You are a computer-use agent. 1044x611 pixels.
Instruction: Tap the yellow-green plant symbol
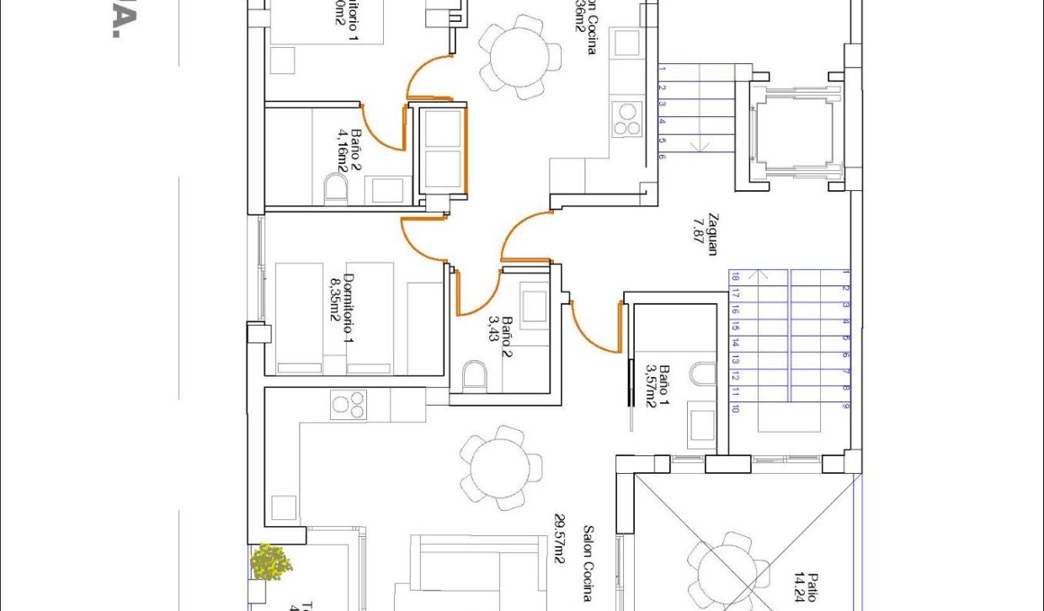271,561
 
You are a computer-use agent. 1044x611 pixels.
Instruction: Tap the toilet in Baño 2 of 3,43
474,375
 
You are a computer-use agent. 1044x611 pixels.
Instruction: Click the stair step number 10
735,409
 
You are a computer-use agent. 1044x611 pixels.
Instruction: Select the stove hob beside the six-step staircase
627,120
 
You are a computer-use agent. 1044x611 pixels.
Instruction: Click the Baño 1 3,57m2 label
658,386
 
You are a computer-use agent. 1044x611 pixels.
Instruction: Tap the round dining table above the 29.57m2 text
501,466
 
